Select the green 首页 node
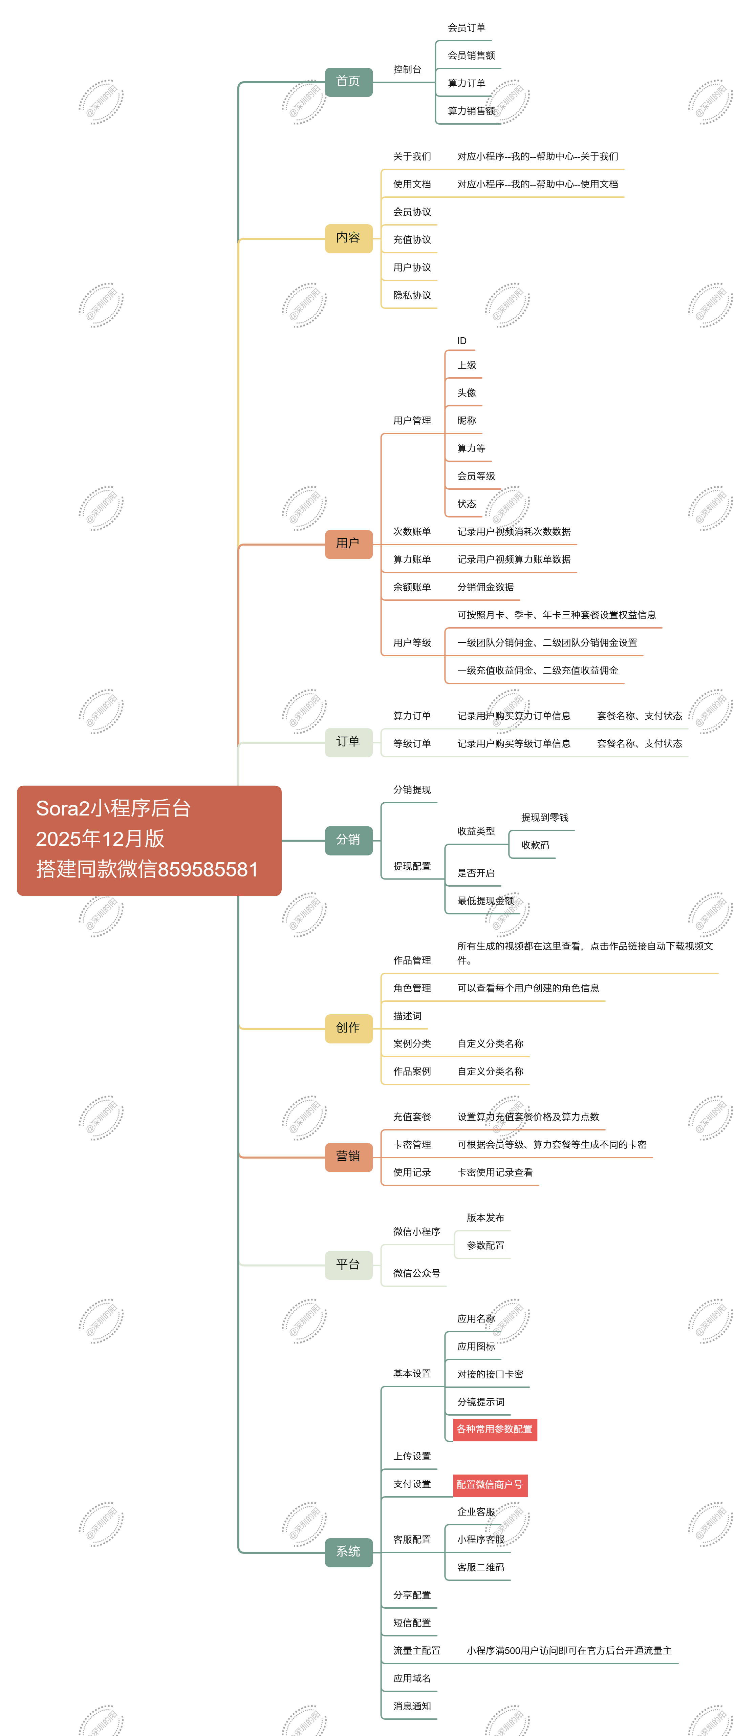348,82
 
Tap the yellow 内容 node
348,238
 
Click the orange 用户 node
348,544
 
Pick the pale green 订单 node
348,742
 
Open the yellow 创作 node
348,1028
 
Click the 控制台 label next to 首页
408,69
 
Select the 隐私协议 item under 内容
412,295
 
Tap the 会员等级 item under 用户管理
476,476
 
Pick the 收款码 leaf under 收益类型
536,845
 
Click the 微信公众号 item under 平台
417,1273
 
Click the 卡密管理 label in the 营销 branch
412,1144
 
